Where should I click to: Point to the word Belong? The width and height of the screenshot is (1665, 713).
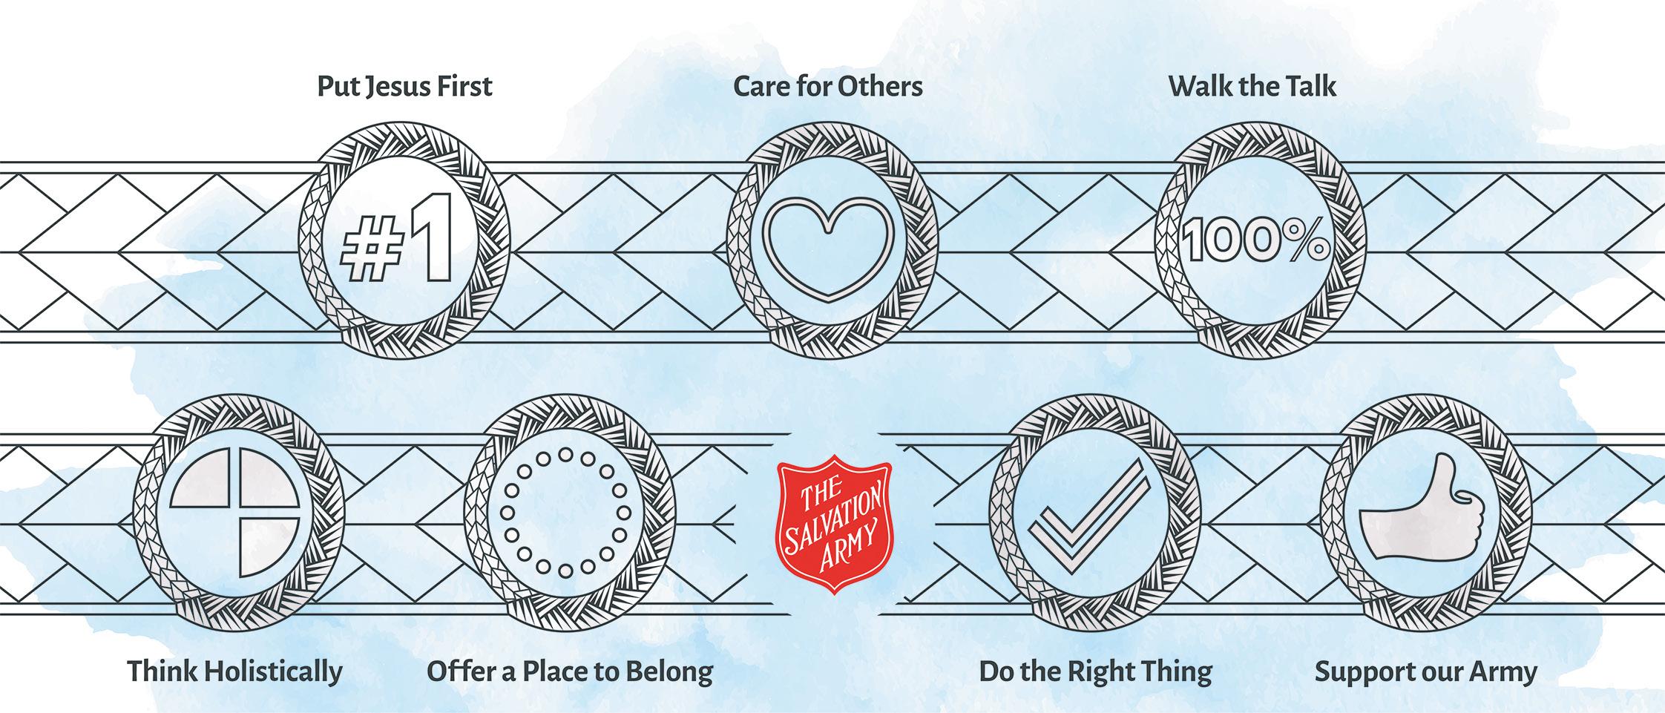670,672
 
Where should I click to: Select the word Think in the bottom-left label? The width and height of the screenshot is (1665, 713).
162,672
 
